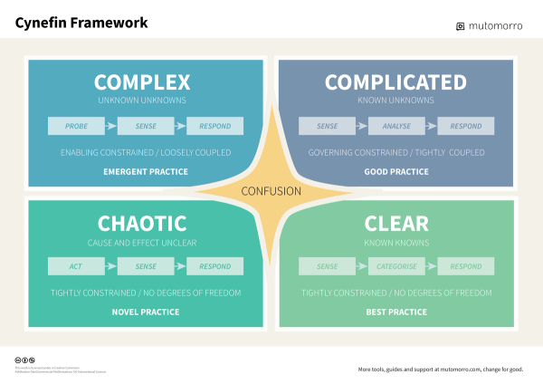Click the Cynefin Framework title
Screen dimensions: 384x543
click(81, 22)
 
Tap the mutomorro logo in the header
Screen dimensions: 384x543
click(489, 25)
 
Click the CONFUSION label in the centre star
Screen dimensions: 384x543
click(271, 191)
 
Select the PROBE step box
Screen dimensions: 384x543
click(76, 126)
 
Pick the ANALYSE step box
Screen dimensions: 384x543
click(396, 126)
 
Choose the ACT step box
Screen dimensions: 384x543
click(76, 266)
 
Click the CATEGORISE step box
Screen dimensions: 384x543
click(396, 266)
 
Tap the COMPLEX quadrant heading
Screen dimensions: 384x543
click(142, 82)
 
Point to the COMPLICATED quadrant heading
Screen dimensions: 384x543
click(395, 82)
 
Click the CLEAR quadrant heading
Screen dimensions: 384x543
click(396, 223)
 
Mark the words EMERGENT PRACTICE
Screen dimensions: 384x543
click(146, 171)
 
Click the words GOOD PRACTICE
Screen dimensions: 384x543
click(395, 171)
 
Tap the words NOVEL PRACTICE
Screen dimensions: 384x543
click(146, 312)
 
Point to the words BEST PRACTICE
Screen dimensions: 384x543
click(395, 312)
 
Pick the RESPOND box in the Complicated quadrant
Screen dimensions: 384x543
click(466, 126)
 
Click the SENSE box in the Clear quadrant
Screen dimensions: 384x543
click(327, 266)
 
